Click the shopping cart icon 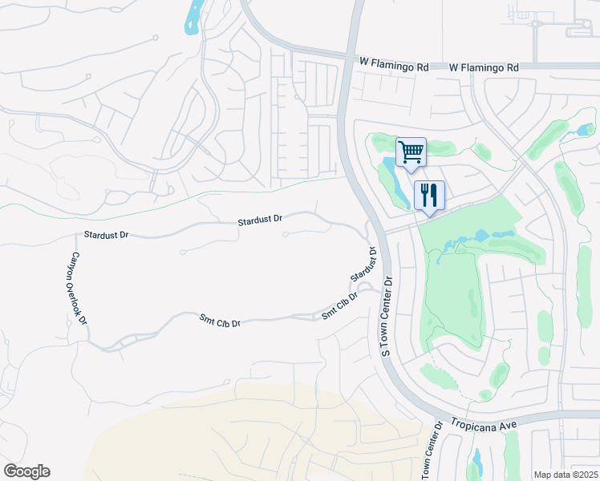click(411, 152)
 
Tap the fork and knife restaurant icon click(429, 195)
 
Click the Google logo click(26, 471)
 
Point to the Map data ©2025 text click(565, 474)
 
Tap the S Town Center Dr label click(387, 317)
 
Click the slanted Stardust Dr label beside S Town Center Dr click(363, 265)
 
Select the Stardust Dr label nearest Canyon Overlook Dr click(106, 236)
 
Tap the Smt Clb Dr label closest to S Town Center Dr click(339, 307)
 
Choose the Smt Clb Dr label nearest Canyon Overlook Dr click(221, 321)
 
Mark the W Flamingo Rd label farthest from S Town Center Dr click(483, 68)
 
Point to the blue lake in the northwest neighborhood click(193, 18)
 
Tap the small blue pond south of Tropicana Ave click(477, 463)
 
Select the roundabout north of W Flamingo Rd click(535, 23)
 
